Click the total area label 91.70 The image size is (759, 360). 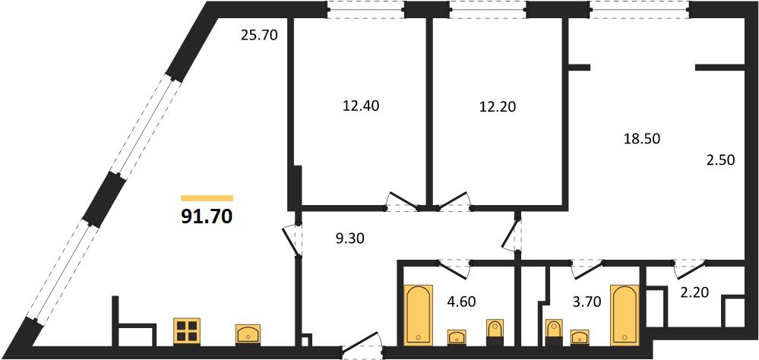207,217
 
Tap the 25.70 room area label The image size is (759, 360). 259,35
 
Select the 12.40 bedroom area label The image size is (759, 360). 361,106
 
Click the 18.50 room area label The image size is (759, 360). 641,139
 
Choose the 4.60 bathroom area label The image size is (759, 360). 461,302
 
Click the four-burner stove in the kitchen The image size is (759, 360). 186,331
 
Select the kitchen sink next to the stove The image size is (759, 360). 248,334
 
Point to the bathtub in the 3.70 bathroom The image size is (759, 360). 625,315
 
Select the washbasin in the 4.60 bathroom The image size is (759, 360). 457,336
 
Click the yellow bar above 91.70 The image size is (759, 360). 207,198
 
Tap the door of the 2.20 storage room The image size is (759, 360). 689,270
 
